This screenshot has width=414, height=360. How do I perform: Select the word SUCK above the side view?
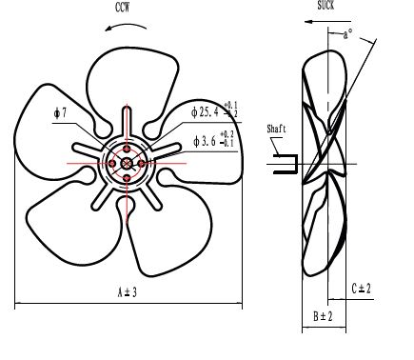[x=325, y=6]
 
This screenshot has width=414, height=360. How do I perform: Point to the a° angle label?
[x=348, y=34]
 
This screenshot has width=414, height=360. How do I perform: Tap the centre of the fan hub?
[x=127, y=164]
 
